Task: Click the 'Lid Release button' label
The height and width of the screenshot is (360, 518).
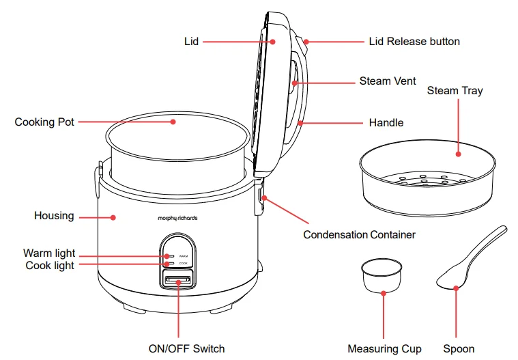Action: tap(414, 41)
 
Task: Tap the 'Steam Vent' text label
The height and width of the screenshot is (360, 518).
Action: tap(388, 81)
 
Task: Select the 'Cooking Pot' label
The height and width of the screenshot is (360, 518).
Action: tap(44, 122)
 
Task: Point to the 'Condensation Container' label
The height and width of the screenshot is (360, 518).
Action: tap(359, 234)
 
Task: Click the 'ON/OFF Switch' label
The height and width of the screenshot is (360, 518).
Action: tap(186, 348)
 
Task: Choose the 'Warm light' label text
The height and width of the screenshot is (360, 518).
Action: tap(49, 254)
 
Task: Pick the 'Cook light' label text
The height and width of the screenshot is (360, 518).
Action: tap(50, 265)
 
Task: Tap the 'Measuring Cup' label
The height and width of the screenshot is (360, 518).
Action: tap(384, 348)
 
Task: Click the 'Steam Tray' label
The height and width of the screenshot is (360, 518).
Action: tap(455, 90)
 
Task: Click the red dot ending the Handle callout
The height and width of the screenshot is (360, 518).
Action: tap(300, 123)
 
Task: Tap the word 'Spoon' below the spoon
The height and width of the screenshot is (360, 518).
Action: tap(459, 348)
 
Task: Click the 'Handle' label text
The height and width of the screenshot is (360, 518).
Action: tap(386, 123)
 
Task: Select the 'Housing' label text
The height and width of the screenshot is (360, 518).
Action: tap(54, 216)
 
